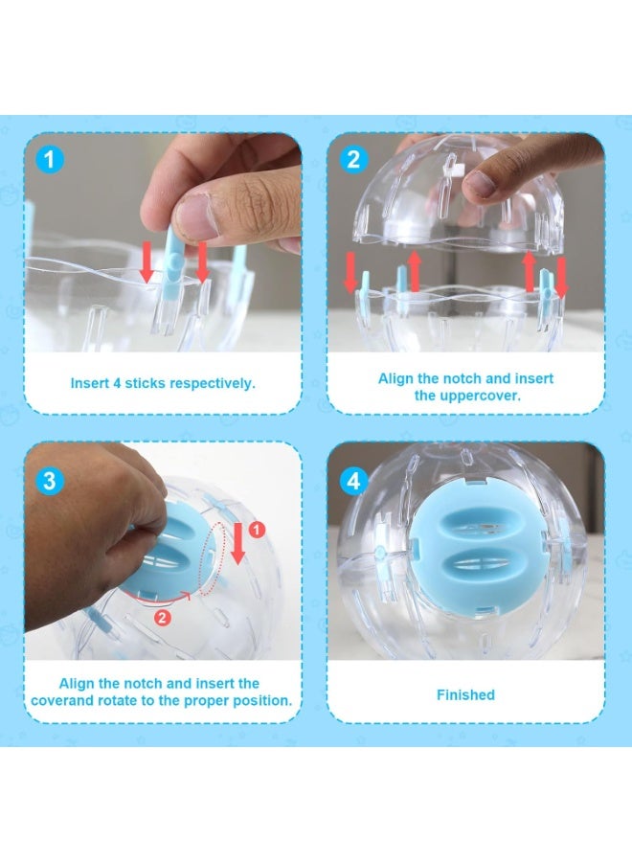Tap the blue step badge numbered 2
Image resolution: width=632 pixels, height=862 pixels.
pos(353,158)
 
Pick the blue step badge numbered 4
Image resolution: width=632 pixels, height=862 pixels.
pos(354,479)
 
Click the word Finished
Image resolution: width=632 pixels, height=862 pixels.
pos(465,694)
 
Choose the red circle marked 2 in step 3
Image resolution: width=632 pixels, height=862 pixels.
pos(163,618)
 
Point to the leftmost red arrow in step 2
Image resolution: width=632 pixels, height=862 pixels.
pos(350,273)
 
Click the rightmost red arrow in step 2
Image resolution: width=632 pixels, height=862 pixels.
pos(562,273)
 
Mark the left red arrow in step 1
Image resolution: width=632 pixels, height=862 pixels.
pos(146,261)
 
